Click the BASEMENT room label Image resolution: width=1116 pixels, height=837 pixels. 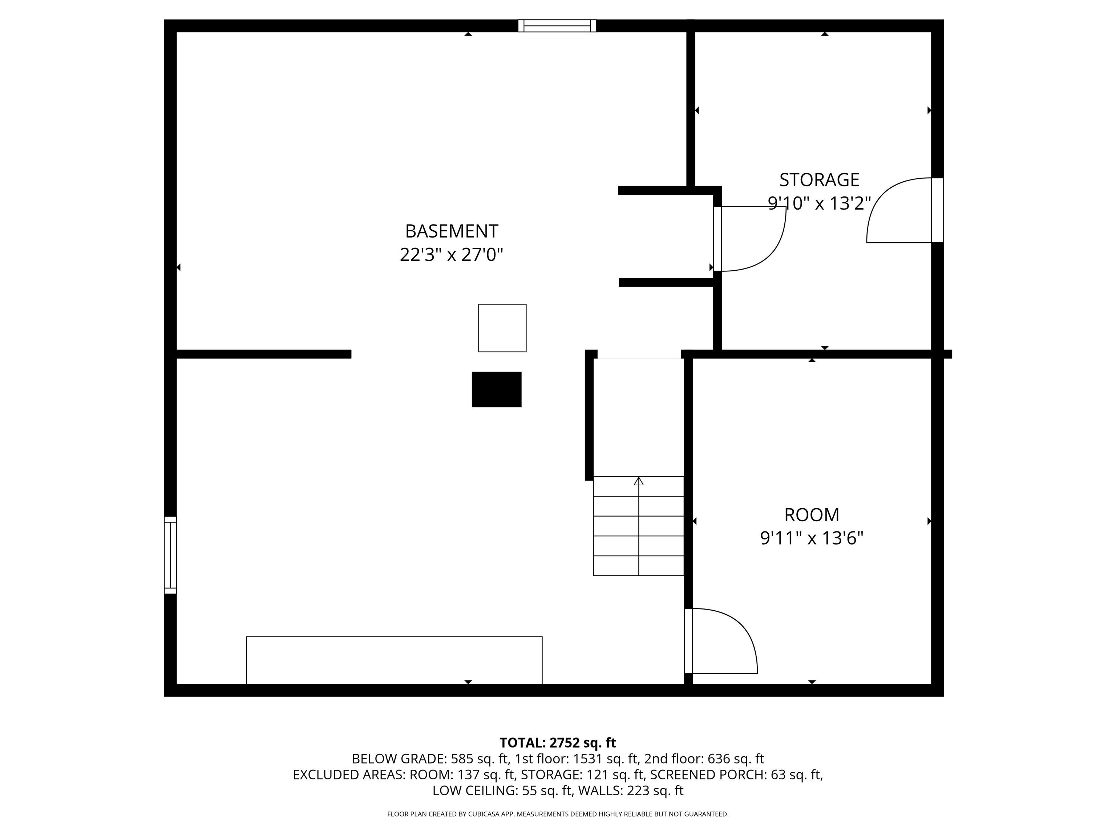(452, 231)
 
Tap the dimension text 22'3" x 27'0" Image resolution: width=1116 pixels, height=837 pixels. (452, 255)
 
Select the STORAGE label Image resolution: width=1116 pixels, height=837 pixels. (819, 179)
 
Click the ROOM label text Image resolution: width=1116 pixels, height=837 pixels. (811, 515)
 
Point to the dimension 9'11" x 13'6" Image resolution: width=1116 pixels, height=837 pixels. (811, 538)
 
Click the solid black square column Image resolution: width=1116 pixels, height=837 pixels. (497, 389)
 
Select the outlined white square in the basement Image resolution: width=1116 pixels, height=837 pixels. (502, 328)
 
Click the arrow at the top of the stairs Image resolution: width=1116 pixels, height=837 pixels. (639, 481)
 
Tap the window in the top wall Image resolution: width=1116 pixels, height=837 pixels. (557, 26)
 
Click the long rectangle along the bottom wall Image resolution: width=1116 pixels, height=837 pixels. (394, 660)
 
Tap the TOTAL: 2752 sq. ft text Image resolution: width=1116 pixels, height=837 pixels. (558, 743)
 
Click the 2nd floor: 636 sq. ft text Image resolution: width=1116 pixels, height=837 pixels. (704, 759)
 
